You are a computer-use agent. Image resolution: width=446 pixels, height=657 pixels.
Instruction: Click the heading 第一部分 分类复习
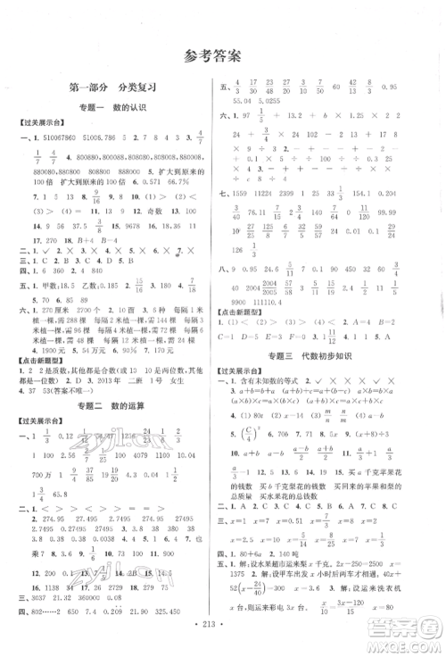pos(111,87)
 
